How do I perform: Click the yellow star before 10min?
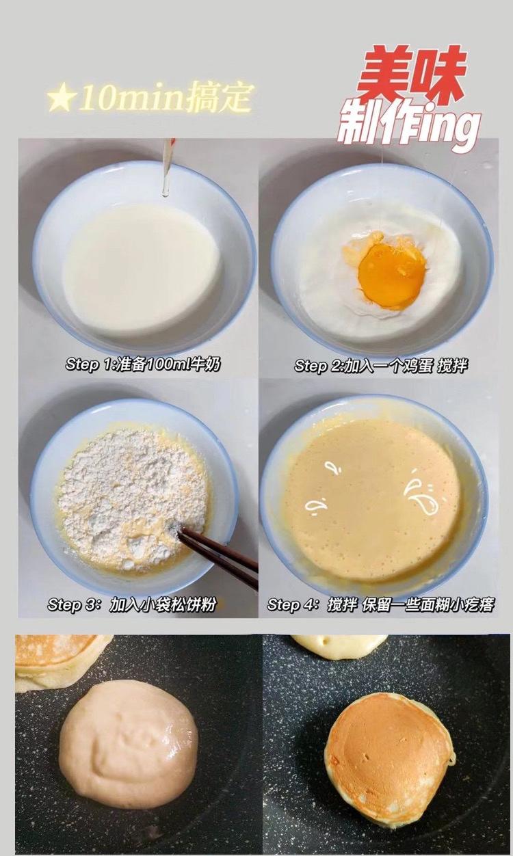tap(61, 100)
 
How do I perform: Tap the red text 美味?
tap(411, 75)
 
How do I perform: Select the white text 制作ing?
tap(408, 127)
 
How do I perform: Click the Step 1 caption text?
tap(143, 364)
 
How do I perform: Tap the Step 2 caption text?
tap(380, 366)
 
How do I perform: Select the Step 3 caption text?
tap(131, 605)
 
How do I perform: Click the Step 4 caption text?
tap(380, 605)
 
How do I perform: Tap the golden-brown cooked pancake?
tap(388, 756)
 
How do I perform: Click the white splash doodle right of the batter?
tap(420, 496)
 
